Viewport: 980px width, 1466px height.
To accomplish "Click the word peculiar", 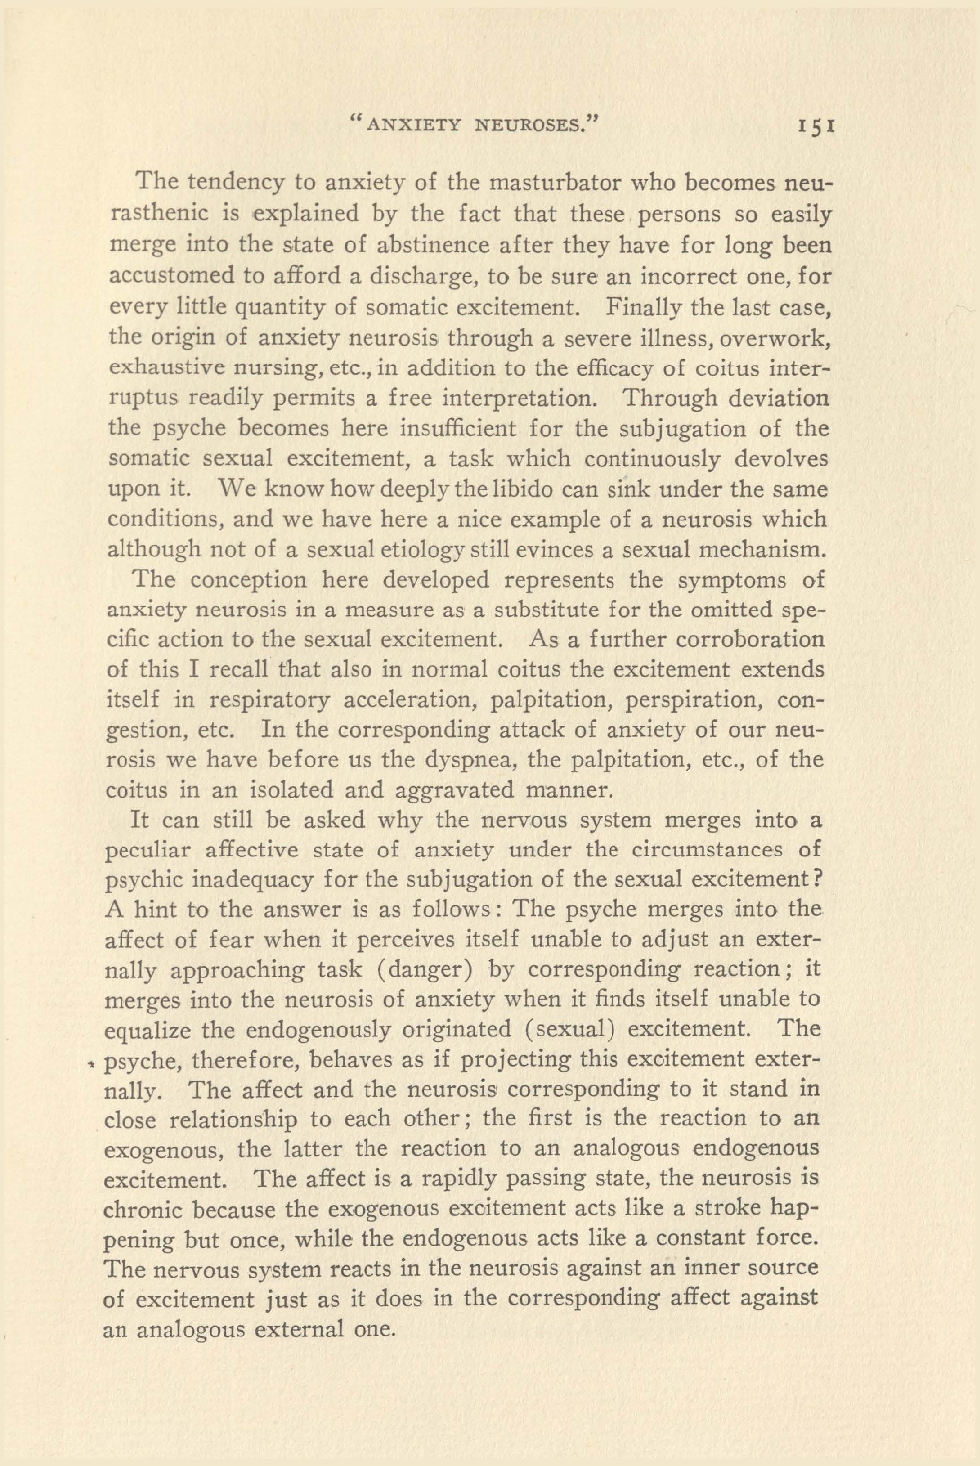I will (x=146, y=851).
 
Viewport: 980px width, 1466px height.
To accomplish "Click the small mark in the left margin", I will (x=92, y=1063).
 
